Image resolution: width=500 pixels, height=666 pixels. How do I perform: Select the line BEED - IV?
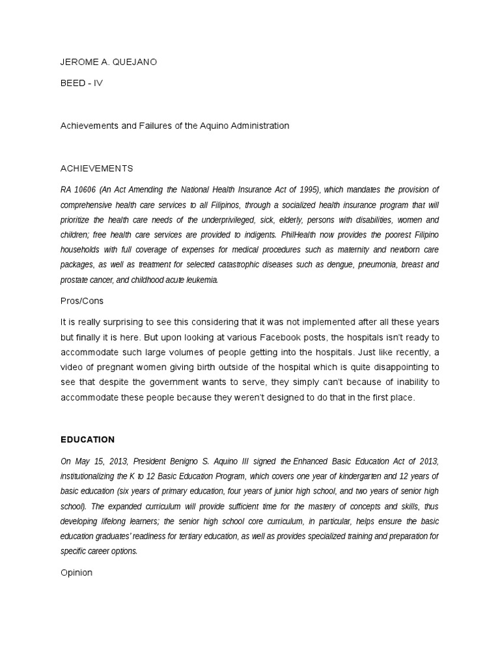coord(81,83)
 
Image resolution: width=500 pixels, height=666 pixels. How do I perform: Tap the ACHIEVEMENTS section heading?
coord(96,168)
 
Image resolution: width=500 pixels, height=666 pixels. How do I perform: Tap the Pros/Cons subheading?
coord(82,301)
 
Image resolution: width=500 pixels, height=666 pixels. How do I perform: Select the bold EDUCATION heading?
coord(87,440)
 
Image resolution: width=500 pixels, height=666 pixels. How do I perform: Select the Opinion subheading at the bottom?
coord(77,573)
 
